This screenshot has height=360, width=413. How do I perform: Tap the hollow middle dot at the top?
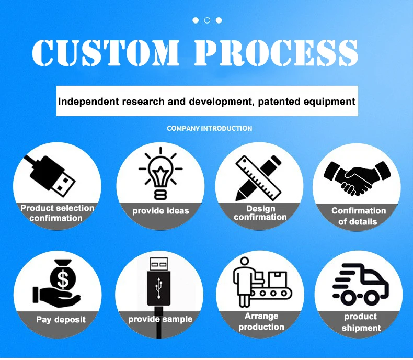pyautogui.click(x=207, y=20)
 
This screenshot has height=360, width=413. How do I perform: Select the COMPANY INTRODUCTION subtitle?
pyautogui.click(x=209, y=128)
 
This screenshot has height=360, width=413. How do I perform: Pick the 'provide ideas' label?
pyautogui.click(x=160, y=211)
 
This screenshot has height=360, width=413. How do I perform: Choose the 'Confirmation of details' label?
pyautogui.click(x=359, y=216)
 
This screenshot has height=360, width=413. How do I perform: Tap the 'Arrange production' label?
pyautogui.click(x=261, y=322)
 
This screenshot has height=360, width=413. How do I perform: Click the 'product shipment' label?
pyautogui.click(x=360, y=322)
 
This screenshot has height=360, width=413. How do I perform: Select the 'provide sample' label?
pyautogui.click(x=160, y=319)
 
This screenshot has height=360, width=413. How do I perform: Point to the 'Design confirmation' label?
pyautogui.click(x=260, y=213)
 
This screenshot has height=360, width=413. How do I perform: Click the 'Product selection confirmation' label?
pyautogui.click(x=57, y=213)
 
